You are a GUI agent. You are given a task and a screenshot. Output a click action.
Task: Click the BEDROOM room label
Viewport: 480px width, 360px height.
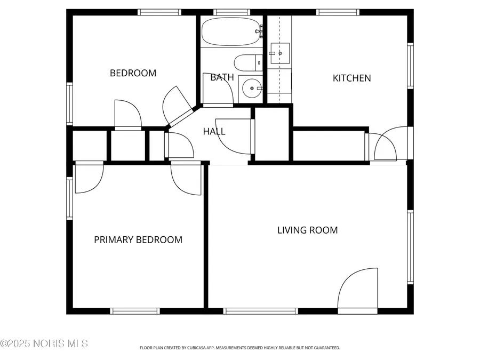[133, 73]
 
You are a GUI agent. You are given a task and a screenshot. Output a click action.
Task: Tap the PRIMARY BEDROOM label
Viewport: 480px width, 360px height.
[138, 240]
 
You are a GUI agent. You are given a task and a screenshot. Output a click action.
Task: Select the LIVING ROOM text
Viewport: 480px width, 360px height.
[307, 230]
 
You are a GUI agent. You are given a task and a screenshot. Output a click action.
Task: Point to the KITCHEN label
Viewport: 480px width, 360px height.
[351, 78]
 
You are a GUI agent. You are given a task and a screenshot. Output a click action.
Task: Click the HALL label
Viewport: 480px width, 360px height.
[214, 131]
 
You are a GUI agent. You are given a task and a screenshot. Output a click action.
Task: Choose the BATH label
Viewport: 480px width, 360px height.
[222, 77]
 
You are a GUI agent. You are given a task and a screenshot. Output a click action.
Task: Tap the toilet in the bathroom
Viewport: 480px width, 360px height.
[248, 63]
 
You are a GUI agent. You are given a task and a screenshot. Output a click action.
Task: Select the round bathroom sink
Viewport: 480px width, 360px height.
[250, 88]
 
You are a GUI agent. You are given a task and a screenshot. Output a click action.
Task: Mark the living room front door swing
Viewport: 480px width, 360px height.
[358, 291]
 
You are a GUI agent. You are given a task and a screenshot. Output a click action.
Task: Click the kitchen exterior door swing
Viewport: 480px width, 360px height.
[385, 144]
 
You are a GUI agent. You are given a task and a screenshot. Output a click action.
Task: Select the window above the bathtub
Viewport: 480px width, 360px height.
[231, 12]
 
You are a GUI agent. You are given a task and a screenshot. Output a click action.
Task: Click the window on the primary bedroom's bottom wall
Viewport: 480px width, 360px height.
[134, 311]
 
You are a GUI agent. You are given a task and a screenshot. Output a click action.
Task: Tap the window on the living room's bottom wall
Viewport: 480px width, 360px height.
[261, 311]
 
